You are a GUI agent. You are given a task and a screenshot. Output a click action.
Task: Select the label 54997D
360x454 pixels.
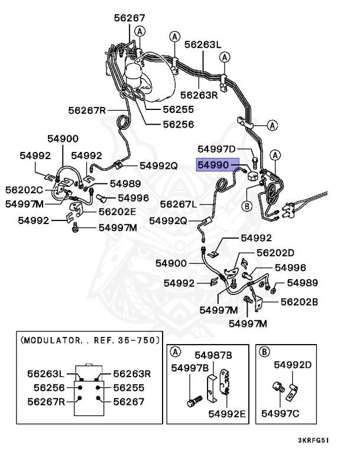pos(216,149)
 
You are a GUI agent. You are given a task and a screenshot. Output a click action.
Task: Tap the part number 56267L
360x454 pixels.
pos(178,204)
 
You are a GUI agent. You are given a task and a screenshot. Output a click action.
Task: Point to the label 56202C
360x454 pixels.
pos(24,190)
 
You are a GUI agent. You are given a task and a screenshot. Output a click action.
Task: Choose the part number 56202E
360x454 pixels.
pos(117,211)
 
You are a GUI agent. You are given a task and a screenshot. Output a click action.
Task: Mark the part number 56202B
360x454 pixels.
pos(299,301)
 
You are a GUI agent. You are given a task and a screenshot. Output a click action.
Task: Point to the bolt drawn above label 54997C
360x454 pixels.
pos(275,388)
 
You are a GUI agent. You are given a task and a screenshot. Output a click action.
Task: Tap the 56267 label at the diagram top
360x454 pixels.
pos(129,18)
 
